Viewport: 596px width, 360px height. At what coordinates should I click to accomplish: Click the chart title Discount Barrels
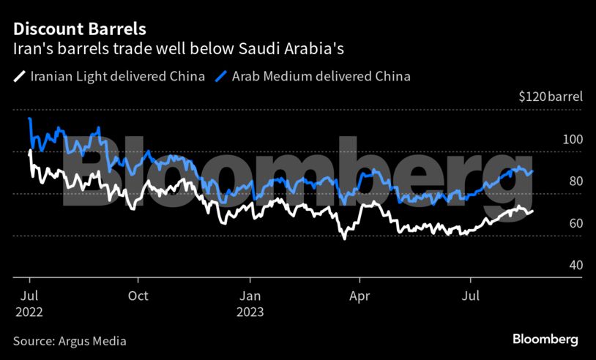79,30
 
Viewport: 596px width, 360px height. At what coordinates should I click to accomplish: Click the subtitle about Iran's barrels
179,49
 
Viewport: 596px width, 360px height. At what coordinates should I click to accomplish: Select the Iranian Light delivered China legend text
117,76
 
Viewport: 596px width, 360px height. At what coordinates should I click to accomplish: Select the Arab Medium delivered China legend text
321,76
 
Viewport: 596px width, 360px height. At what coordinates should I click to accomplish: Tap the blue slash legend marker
222,76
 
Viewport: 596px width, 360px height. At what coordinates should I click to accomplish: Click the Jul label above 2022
29,296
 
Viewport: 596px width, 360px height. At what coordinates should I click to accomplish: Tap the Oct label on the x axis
138,296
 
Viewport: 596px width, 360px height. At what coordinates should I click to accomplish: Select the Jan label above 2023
250,296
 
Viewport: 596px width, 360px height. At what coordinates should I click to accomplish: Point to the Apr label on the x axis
360,296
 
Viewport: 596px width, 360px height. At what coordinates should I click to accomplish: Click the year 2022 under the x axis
29,311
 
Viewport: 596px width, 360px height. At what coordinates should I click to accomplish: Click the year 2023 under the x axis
250,311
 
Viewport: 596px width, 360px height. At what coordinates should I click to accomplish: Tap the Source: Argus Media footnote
70,341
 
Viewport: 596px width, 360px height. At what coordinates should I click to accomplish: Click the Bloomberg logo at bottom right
545,340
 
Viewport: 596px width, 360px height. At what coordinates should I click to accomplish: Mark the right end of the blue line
532,170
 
